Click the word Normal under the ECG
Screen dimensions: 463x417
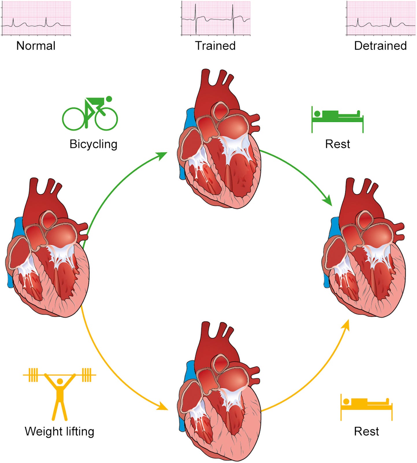pyautogui.click(x=36, y=46)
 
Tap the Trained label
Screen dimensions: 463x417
pyautogui.click(x=215, y=46)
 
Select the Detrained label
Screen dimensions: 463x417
pyautogui.click(x=380, y=46)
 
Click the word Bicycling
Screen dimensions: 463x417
pyautogui.click(x=93, y=144)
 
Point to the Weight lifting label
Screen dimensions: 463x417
pyautogui.click(x=60, y=431)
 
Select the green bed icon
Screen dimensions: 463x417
pyautogui.click(x=337, y=119)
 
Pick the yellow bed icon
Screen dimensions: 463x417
pyautogui.click(x=366, y=406)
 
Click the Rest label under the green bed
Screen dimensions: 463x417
pyautogui.click(x=338, y=144)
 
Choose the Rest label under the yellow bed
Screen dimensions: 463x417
pyautogui.click(x=366, y=431)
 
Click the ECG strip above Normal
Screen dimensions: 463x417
pyautogui.click(x=36, y=18)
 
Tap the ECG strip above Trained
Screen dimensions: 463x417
pyautogui.click(x=216, y=18)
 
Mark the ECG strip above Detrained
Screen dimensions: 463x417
pyautogui.click(x=381, y=18)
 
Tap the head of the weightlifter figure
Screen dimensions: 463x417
pyautogui.click(x=60, y=381)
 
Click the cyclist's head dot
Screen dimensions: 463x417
pyautogui.click(x=109, y=99)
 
